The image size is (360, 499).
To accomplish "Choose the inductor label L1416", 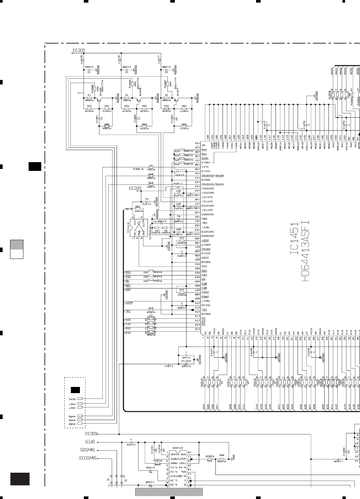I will pos(120,59).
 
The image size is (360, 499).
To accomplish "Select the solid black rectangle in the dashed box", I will pos(75,390).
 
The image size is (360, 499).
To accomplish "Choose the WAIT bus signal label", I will pos(129,302).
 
